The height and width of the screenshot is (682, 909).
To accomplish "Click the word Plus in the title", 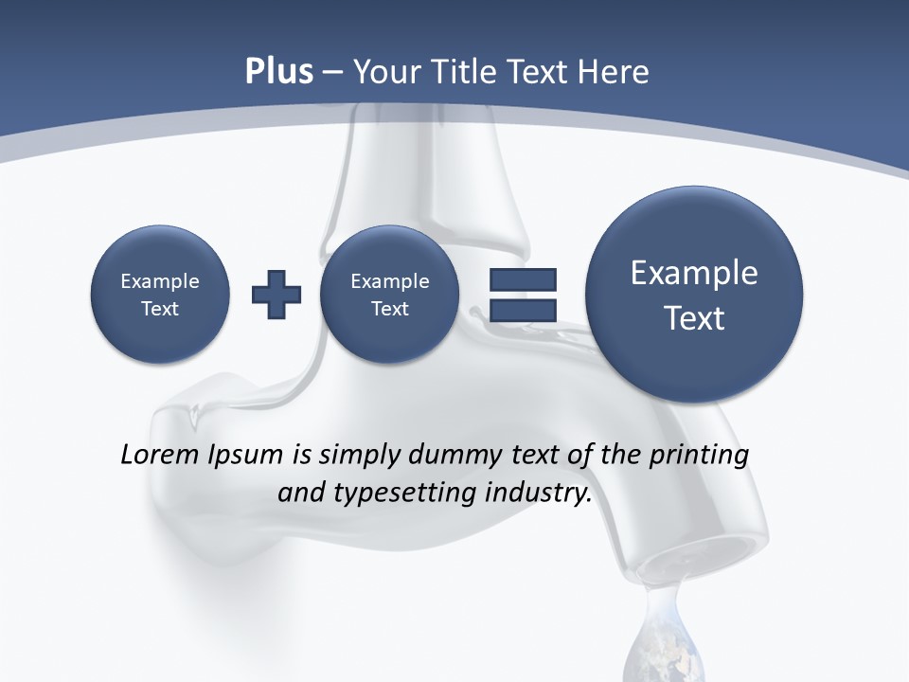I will click(x=278, y=72).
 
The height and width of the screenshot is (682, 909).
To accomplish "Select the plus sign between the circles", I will click(x=276, y=295).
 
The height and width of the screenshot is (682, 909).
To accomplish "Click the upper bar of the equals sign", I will click(x=523, y=279).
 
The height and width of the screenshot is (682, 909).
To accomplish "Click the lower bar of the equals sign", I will click(x=523, y=309).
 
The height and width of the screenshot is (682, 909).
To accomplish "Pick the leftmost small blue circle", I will click(x=160, y=295).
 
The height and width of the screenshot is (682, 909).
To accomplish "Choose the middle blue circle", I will click(x=389, y=295).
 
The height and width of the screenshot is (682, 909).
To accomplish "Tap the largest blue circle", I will click(x=694, y=295).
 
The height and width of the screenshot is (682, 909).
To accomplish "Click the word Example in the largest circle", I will click(x=694, y=273).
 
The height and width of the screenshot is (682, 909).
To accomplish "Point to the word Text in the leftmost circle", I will click(x=160, y=309).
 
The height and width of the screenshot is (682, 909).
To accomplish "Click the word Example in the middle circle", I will click(x=389, y=281).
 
